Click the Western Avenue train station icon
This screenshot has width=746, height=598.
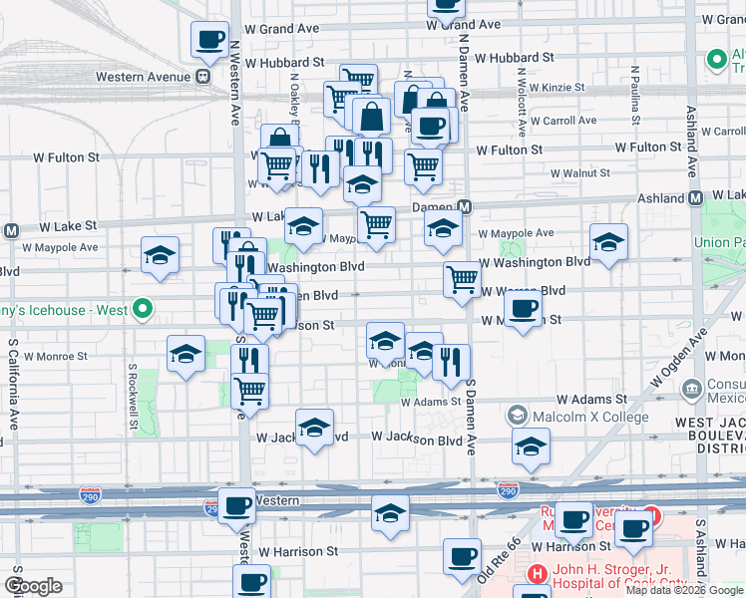tap(202, 76)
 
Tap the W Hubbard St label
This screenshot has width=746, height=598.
tap(284, 62)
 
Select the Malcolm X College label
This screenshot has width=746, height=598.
tap(590, 417)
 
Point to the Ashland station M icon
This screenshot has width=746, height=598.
tap(696, 198)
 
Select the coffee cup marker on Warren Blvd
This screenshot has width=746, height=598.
tap(523, 310)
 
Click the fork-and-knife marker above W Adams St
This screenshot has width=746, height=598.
tap(451, 364)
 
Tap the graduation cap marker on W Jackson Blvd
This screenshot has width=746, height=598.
tap(314, 430)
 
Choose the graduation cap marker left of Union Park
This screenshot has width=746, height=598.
tap(608, 242)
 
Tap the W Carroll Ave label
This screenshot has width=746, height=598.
tap(563, 121)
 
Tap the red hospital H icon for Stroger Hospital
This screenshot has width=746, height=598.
tap(537, 574)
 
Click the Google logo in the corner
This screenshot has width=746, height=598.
tap(33, 586)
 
